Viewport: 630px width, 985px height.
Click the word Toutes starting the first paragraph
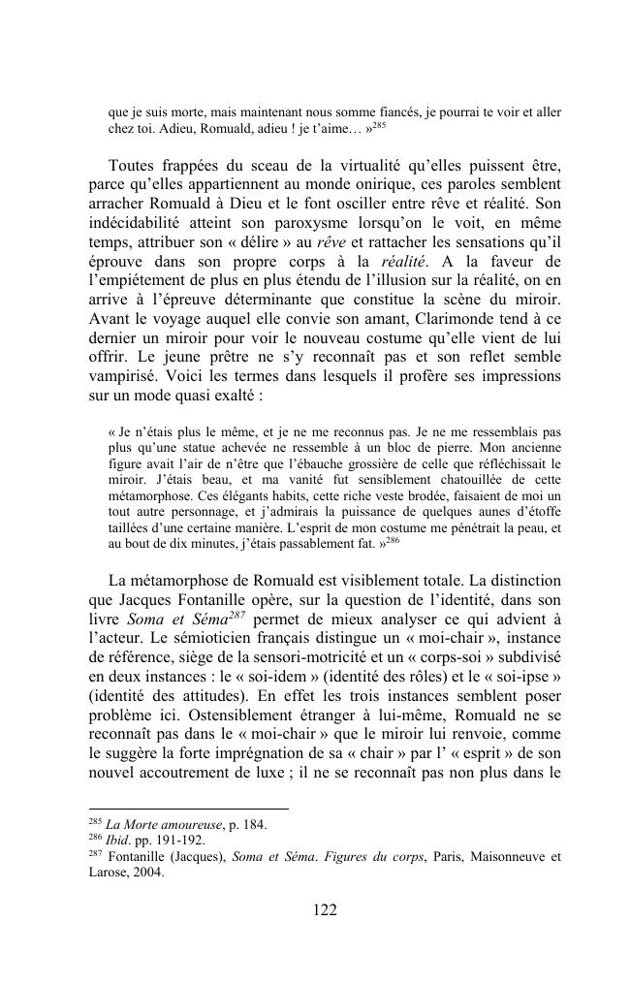pos(138,165)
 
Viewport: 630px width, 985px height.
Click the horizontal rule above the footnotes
pos(188,809)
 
